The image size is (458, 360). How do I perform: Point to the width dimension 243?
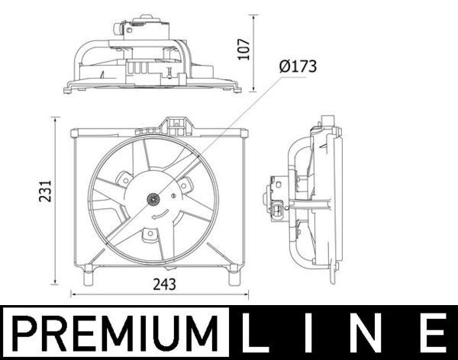(164, 284)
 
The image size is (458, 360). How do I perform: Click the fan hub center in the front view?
(153, 201)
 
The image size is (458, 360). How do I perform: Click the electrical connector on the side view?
(276, 206)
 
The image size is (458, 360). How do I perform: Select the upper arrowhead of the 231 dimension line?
(55, 121)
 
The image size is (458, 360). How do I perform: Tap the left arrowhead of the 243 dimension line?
(74, 294)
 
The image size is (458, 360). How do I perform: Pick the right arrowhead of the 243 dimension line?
(246, 294)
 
